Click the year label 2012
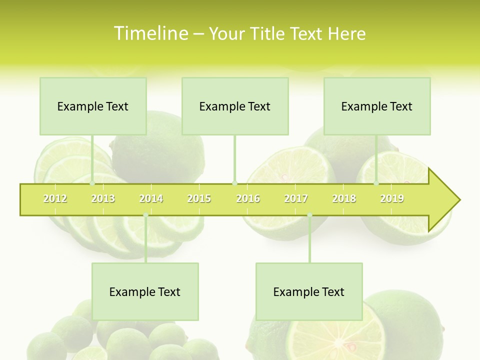55,198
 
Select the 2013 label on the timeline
103,198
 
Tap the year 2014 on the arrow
151,198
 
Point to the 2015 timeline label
199,198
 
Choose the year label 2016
248,198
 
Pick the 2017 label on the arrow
296,198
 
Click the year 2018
344,198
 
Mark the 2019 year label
392,198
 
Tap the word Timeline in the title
150,33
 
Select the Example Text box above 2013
93,106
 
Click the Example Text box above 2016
235,106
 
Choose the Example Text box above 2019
377,106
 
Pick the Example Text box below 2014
145,291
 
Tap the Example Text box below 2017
309,291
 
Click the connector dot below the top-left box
92,183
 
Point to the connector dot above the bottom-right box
309,215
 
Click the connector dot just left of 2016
235,183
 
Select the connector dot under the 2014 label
145,215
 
